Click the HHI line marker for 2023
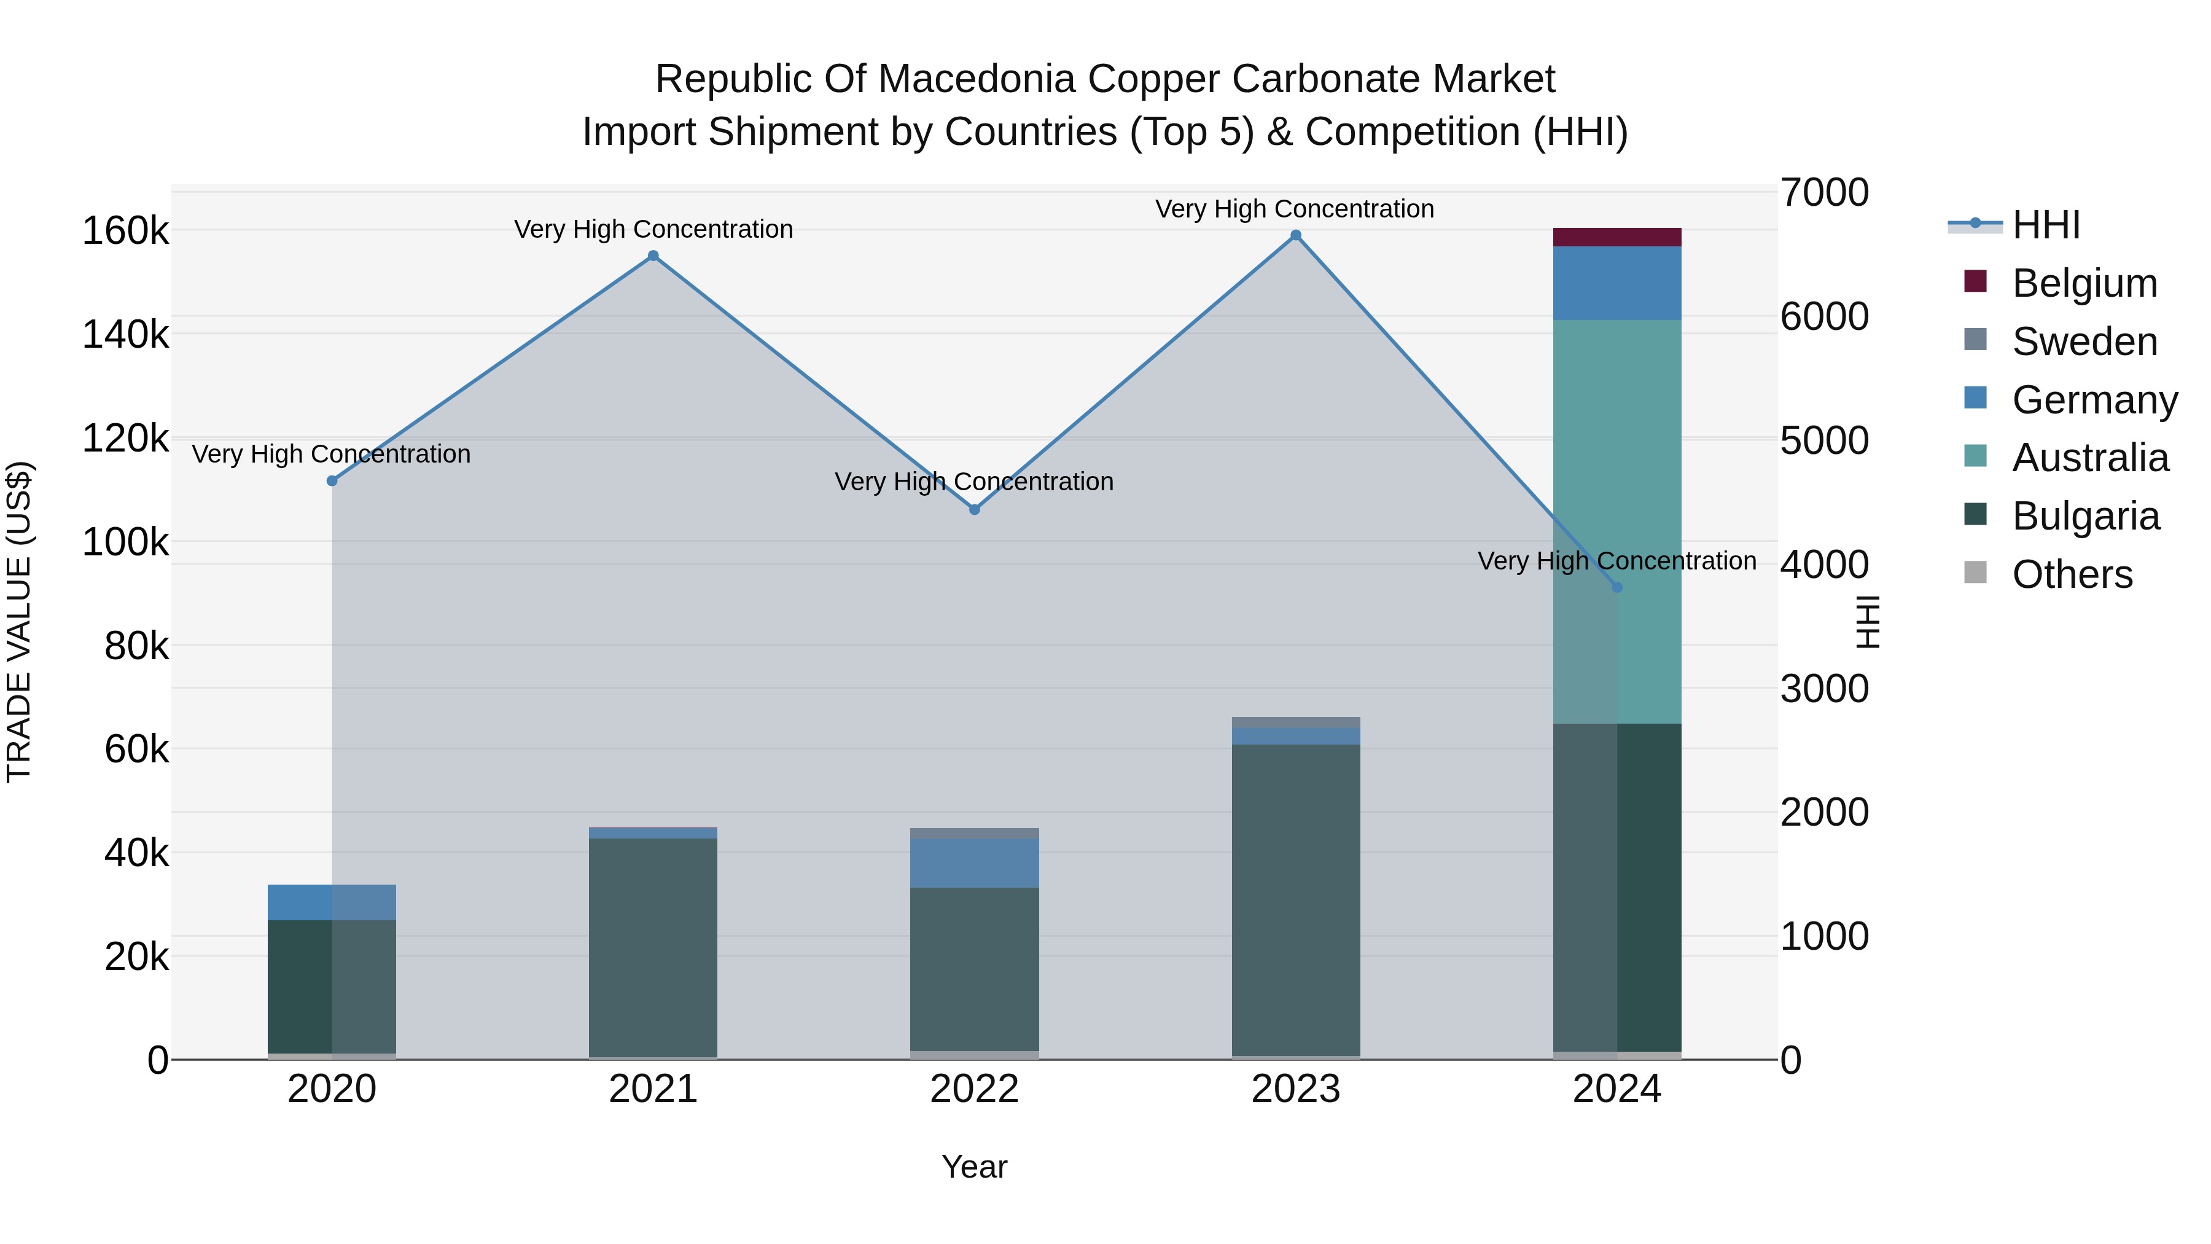pyautogui.click(x=1296, y=235)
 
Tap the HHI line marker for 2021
pyautogui.click(x=653, y=256)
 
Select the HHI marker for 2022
pyautogui.click(x=974, y=510)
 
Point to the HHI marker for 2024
pyautogui.click(x=1617, y=587)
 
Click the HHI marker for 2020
pyautogui.click(x=332, y=481)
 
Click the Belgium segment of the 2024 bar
pyautogui.click(x=1617, y=237)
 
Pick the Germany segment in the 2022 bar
pyautogui.click(x=974, y=863)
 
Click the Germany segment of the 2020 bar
pyautogui.click(x=332, y=902)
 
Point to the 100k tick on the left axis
pyautogui.click(x=125, y=542)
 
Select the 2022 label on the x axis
pyautogui.click(x=974, y=1089)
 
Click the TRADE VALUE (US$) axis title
pyautogui.click(x=20, y=622)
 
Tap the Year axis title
pyautogui.click(x=974, y=1167)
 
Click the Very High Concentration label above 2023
pyautogui.click(x=1294, y=209)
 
